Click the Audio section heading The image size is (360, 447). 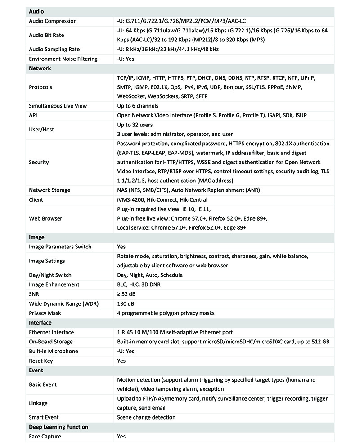36,11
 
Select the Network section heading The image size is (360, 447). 40,68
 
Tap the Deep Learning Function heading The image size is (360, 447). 58,427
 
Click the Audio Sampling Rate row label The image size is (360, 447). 54,49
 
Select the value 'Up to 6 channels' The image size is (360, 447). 137,106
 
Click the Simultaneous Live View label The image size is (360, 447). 58,106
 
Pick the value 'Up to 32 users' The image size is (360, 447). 135,125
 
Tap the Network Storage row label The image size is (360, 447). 49,190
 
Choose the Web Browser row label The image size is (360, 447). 45,218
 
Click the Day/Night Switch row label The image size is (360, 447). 50,275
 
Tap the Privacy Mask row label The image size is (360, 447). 45,313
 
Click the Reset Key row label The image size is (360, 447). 40,361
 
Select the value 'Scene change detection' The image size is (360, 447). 146,417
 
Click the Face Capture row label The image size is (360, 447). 45,436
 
